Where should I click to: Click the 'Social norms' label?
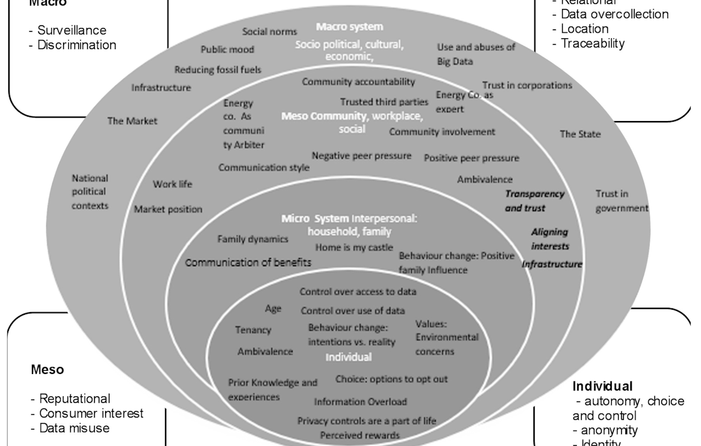(270, 32)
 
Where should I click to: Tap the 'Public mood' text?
(228, 49)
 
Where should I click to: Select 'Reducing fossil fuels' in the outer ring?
(218, 69)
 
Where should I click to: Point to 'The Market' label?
(132, 120)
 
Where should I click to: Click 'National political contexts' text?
(90, 192)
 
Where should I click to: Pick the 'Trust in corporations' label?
(527, 85)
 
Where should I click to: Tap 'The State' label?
(580, 134)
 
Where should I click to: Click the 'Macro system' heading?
(350, 27)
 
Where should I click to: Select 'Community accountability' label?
(358, 82)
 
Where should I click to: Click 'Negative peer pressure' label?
(361, 155)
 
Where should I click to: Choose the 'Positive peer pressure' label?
(472, 158)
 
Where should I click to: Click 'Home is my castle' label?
(354, 247)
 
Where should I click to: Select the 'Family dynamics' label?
(253, 239)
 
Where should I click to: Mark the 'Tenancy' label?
(253, 330)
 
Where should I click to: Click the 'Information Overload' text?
(360, 402)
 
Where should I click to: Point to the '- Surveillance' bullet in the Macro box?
(68, 30)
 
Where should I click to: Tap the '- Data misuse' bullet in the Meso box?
(70, 428)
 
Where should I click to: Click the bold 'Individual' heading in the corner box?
(602, 386)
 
